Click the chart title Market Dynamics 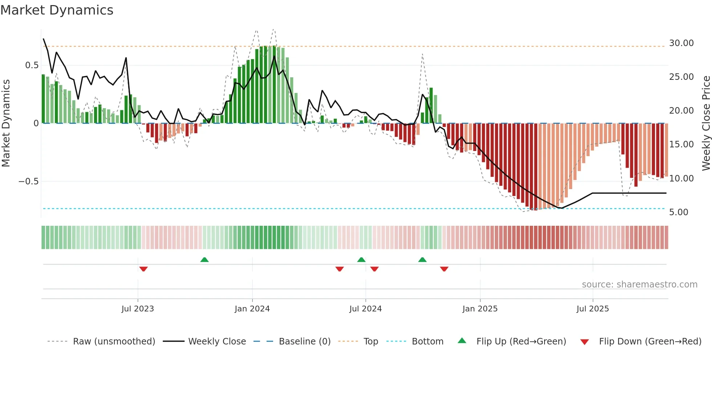(57, 10)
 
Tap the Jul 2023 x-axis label (138, 309)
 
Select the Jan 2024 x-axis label (252, 309)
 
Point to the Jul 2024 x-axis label (365, 309)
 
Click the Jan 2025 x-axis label (480, 309)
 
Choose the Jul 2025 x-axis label (592, 309)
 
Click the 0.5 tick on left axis (32, 65)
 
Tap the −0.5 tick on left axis (29, 181)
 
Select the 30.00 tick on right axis (681, 43)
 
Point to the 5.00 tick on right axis (679, 212)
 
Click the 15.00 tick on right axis (681, 144)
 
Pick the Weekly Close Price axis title (706, 123)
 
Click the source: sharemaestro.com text (639, 285)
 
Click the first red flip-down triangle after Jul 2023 (143, 269)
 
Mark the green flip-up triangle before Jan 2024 (205, 260)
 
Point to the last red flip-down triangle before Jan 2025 (444, 269)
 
